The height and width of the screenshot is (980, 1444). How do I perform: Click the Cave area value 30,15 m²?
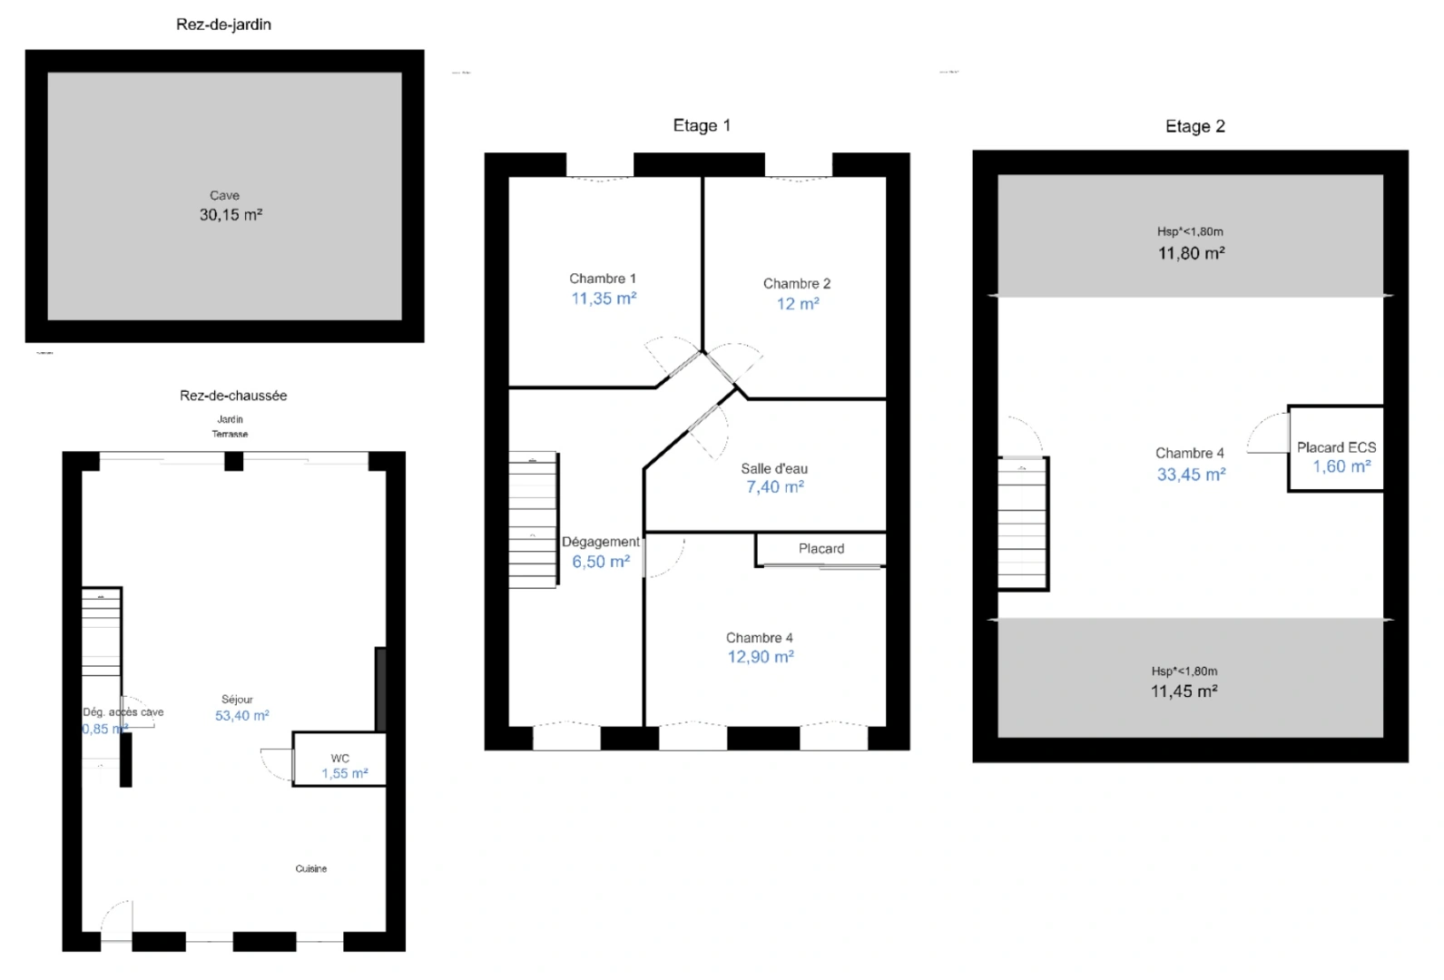click(x=231, y=215)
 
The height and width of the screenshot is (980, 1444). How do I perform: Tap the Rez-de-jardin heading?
click(x=223, y=24)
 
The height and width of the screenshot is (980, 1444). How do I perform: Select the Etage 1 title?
click(x=701, y=125)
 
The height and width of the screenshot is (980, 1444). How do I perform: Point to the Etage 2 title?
click(x=1194, y=126)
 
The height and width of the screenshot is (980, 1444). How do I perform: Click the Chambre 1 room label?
click(x=602, y=279)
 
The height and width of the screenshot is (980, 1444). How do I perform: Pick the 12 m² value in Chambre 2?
click(x=797, y=304)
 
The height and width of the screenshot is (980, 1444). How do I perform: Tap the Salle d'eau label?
click(x=773, y=468)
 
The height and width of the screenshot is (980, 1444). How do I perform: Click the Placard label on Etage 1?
click(x=820, y=548)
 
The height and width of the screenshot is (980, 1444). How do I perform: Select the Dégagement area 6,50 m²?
click(x=600, y=562)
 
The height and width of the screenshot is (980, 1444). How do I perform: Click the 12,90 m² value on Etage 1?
click(x=760, y=657)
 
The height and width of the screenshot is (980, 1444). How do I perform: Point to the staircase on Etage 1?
click(x=533, y=519)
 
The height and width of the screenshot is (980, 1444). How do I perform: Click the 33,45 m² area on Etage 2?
click(x=1190, y=475)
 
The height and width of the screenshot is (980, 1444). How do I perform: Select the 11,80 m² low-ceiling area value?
click(x=1190, y=253)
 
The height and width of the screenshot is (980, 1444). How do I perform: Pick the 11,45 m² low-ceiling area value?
click(x=1184, y=691)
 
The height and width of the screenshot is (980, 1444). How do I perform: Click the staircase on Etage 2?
click(x=1023, y=524)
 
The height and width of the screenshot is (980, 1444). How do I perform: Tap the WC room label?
click(x=339, y=758)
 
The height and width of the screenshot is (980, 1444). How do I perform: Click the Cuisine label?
click(x=310, y=868)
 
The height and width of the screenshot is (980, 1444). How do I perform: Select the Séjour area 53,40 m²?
click(x=241, y=716)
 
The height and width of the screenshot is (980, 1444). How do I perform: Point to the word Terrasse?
click(x=230, y=434)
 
